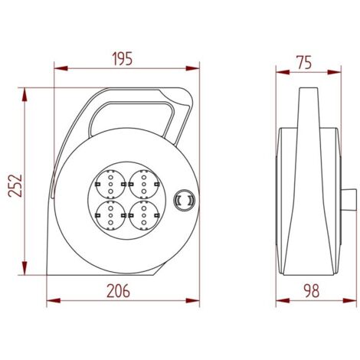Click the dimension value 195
(x=123, y=58)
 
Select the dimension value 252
(x=15, y=185)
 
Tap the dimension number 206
(x=118, y=291)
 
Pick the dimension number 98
(x=312, y=291)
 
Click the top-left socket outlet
(x=110, y=184)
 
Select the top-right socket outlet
(x=144, y=184)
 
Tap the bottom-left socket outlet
(x=110, y=216)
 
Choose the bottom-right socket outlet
(x=144, y=216)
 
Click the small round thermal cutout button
(x=184, y=200)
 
